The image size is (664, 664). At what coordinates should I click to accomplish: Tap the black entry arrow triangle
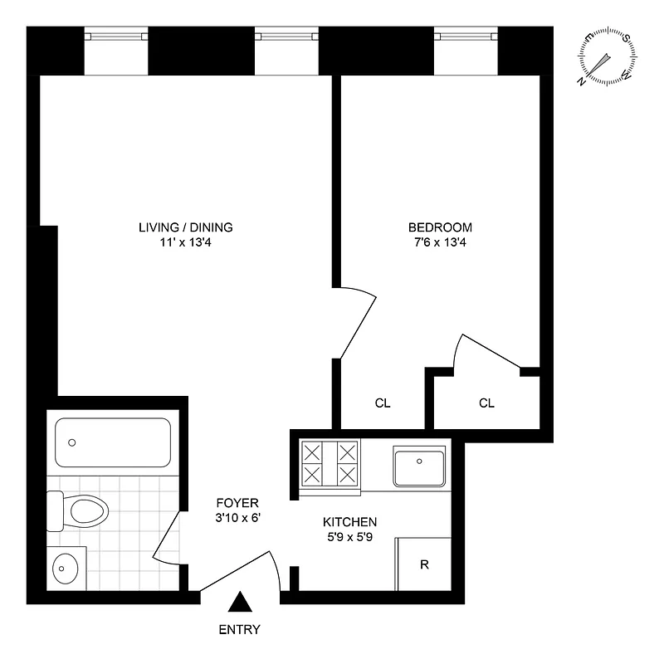click(241, 603)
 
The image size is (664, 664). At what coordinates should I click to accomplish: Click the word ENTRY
click(240, 630)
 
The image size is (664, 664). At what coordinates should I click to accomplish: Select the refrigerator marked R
click(424, 565)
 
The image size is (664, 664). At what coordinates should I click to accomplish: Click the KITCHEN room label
click(350, 522)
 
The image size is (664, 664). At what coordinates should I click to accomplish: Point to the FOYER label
click(237, 503)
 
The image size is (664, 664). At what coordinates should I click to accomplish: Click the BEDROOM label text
click(440, 227)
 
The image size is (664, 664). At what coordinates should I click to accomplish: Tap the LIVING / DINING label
click(186, 227)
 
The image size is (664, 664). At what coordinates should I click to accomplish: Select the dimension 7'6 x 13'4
click(440, 243)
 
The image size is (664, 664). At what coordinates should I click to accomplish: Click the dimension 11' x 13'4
click(186, 243)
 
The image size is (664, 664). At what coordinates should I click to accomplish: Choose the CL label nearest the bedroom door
click(383, 403)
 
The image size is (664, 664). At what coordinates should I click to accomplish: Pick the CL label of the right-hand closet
click(486, 403)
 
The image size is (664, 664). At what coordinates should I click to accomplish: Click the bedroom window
click(466, 36)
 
